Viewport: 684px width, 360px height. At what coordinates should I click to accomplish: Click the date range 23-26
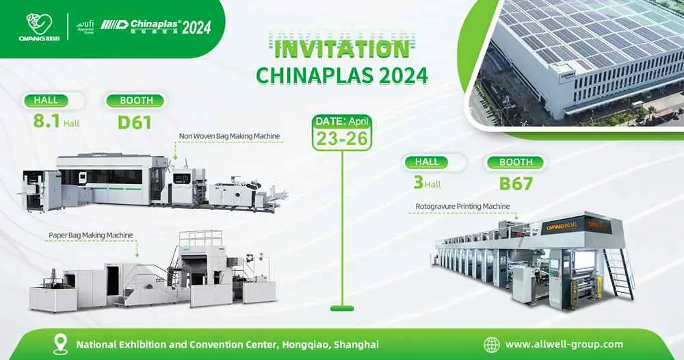[x=341, y=138]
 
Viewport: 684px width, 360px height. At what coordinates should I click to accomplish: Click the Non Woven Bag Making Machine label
[x=230, y=136]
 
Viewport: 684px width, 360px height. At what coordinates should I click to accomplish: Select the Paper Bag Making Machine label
[x=90, y=235]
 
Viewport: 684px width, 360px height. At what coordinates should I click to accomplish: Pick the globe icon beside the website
[x=491, y=344]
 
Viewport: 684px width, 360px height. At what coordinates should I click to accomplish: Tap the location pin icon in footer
[x=60, y=344]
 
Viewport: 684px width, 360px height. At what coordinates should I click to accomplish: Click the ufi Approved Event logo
[x=85, y=27]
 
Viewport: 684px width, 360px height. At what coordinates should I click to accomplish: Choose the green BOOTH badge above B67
[x=515, y=163]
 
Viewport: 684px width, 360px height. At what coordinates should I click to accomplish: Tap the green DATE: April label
[x=341, y=120]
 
